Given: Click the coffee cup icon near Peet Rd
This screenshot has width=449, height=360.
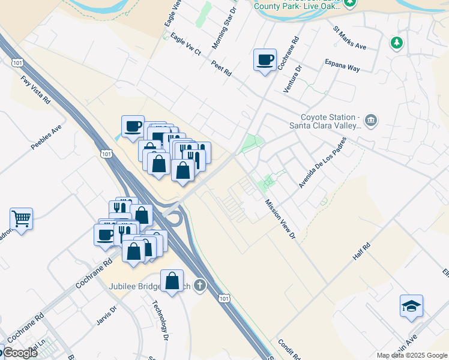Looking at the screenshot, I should click(x=265, y=60).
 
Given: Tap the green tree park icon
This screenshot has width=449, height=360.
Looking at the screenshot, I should click(x=396, y=43).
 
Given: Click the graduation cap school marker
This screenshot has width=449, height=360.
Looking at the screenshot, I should click(x=411, y=306).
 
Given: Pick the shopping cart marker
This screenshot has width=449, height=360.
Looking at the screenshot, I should click(x=21, y=219).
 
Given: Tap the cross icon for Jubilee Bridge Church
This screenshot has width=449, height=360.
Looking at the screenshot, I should click(x=200, y=286).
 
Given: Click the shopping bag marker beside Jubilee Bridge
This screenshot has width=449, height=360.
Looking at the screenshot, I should click(x=172, y=281).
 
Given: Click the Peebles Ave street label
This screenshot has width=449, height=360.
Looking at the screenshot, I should click(x=48, y=137).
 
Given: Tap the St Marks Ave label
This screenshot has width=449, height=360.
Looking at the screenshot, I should click(x=349, y=37).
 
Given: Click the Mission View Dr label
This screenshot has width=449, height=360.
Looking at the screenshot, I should click(x=281, y=219).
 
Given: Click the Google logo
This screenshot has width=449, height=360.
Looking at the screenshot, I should click(x=19, y=352).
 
